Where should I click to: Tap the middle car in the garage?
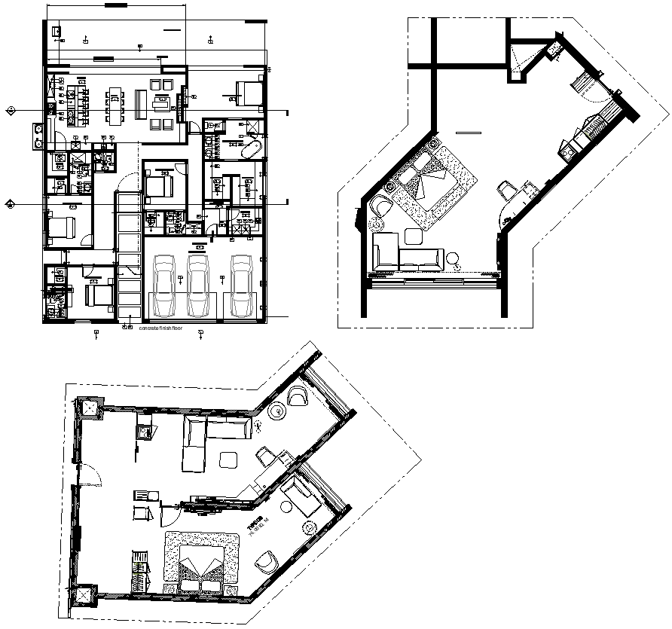coord(198,286)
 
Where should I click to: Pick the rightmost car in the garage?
coord(241,286)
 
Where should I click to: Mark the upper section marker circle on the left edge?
coord(11,111)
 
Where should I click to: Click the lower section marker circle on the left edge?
coord(11,203)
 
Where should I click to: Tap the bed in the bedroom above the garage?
coord(159,183)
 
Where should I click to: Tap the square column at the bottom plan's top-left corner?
coord(90,408)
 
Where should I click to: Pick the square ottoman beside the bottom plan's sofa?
coord(228,459)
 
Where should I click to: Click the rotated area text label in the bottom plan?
coord(255,527)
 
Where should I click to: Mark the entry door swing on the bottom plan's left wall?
coord(90,477)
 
